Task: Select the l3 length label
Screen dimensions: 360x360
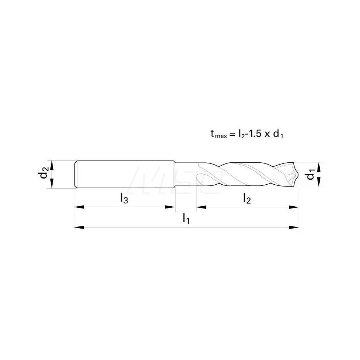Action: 124,198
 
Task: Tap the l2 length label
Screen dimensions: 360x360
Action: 247,198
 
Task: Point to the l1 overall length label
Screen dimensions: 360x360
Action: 186,218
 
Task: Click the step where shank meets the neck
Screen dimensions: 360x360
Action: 175,174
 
